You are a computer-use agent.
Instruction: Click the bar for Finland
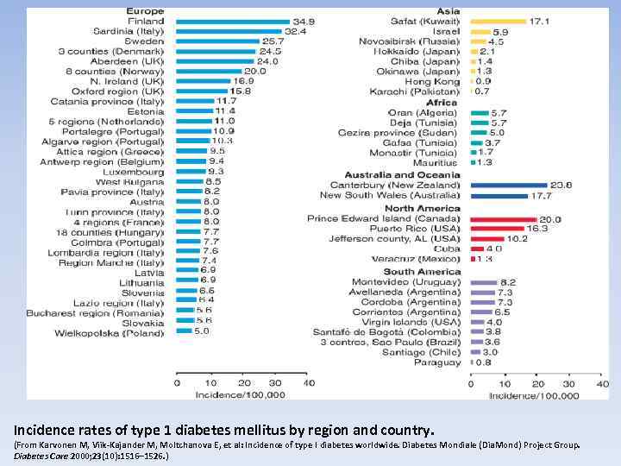point(232,21)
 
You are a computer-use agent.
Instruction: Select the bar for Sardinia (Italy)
point(229,30)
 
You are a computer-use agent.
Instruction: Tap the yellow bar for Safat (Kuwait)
point(498,21)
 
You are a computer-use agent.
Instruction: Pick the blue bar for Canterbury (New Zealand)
point(509,185)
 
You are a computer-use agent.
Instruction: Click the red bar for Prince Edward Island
point(503,219)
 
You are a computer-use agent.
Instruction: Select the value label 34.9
point(304,21)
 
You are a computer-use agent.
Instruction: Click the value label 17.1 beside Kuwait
point(540,21)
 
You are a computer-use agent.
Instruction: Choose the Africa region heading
point(442,103)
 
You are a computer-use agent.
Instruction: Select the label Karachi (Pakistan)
point(417,91)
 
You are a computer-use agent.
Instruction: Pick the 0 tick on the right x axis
point(470,383)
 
